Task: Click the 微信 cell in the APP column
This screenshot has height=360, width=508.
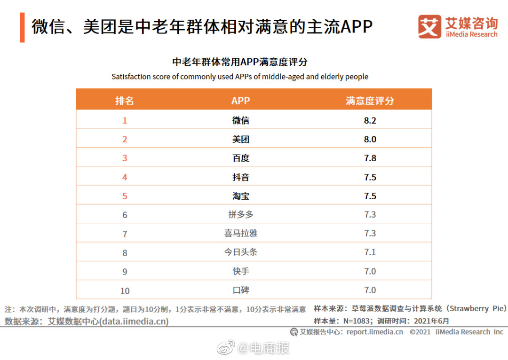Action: click(240, 120)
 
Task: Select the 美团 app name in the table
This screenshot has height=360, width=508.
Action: click(240, 139)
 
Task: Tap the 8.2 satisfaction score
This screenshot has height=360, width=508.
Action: click(370, 120)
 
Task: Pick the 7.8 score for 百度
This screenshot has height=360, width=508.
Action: click(370, 158)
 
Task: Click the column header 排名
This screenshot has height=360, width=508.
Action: click(125, 101)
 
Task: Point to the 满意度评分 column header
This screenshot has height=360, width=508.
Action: click(370, 101)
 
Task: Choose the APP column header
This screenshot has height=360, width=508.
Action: click(240, 101)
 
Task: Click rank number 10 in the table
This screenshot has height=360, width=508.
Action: click(125, 290)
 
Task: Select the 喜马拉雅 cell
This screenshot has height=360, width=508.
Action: click(240, 234)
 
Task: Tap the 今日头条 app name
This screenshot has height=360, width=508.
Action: click(240, 252)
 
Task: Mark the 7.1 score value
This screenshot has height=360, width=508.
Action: click(370, 252)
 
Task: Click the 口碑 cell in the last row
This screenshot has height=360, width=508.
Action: click(240, 290)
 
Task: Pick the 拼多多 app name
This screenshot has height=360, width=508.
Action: click(240, 215)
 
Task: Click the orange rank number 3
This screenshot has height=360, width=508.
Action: click(125, 158)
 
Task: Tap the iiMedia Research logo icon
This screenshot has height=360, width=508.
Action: click(429, 27)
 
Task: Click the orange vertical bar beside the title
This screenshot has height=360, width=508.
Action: click(22, 27)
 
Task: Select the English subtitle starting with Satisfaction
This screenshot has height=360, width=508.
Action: click(240, 77)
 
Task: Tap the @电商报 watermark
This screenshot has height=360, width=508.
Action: click(263, 348)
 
